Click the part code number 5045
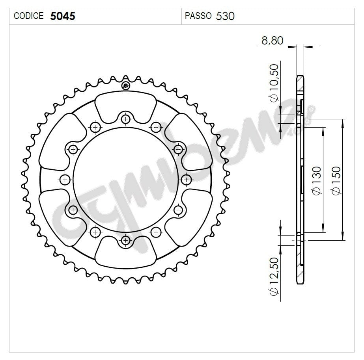62,16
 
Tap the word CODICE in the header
28,16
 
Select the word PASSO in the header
198,16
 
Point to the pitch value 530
225,16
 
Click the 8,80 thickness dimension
272,41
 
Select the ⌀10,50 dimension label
274,83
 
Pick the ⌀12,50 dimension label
274,276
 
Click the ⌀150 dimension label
336,181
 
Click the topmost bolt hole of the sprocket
125,119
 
